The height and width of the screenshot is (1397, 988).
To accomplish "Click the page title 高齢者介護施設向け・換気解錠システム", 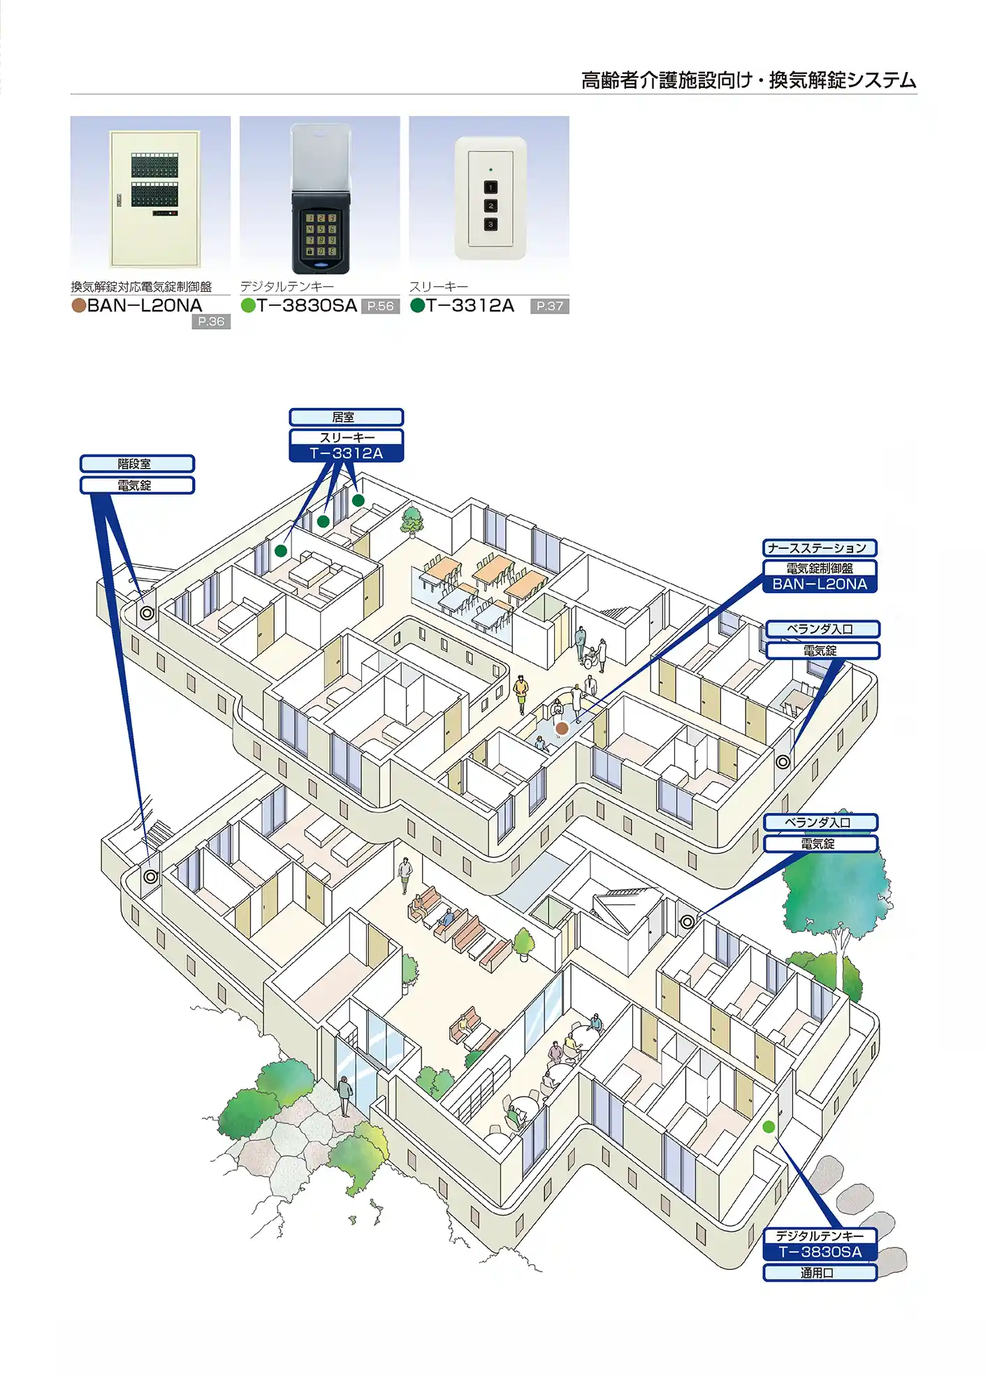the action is click(748, 80).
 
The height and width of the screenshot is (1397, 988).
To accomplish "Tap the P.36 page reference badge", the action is click(211, 321).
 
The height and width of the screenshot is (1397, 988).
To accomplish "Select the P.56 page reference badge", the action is click(380, 306).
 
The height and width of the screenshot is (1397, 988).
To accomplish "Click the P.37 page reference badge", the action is click(549, 306).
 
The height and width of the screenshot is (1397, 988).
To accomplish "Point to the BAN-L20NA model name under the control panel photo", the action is click(145, 305).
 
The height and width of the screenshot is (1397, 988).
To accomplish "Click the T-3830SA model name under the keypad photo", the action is click(307, 305).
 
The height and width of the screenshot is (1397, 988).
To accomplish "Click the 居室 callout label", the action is click(346, 417).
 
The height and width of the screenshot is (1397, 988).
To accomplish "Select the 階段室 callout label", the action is click(137, 464).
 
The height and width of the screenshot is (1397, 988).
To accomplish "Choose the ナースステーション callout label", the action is click(819, 548).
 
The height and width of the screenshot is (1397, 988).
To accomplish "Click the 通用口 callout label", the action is click(820, 1273).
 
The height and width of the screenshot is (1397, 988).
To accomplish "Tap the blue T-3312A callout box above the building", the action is click(346, 453).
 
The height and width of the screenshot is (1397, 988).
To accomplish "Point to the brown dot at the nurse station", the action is click(562, 729).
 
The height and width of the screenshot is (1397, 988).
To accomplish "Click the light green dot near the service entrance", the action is click(769, 1127).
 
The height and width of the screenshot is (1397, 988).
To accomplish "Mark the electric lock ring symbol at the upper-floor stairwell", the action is click(147, 613).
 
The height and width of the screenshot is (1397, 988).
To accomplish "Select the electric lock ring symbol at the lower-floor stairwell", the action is click(151, 876).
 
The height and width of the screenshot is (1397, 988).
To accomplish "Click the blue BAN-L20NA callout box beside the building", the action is click(819, 585).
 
